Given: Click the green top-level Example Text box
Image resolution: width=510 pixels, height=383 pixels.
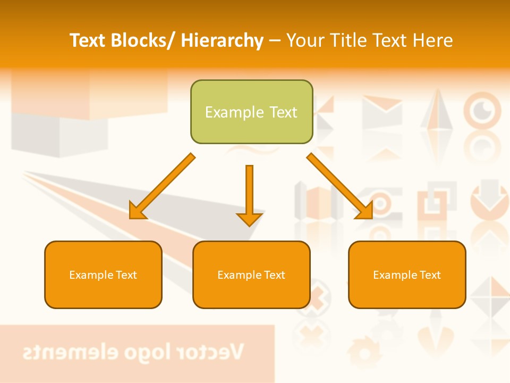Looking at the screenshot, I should tap(251, 112).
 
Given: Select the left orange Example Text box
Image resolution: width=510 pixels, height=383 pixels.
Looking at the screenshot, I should tap(103, 274).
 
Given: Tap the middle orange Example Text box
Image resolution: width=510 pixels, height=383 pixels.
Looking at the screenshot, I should tap(251, 274).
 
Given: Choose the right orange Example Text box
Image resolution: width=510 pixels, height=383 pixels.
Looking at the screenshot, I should tap(407, 274).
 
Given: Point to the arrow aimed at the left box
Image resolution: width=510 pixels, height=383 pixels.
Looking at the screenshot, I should tap(162, 187).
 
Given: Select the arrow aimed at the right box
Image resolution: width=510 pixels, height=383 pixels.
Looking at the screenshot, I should tap(340, 186).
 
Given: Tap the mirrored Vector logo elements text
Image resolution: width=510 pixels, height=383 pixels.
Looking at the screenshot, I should tap(133, 352).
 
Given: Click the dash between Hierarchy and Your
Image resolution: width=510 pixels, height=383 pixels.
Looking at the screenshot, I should tap(275, 40).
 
